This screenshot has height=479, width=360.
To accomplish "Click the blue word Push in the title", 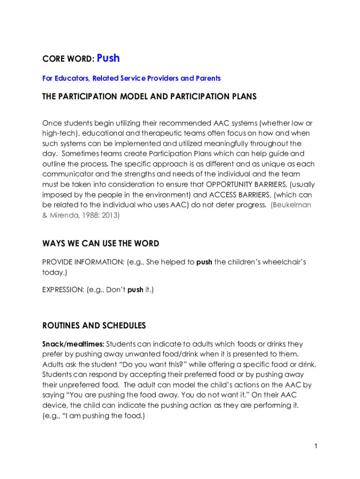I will coord(108,58).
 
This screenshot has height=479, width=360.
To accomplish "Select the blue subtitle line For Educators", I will coord(131,79).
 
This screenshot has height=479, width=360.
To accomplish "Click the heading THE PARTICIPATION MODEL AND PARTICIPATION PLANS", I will coord(150,97).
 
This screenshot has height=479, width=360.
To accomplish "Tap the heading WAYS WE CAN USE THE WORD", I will coord(101,244).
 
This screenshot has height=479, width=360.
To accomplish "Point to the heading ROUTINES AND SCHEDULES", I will coord(94,326).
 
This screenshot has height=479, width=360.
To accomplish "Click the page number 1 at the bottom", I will coord(316,446).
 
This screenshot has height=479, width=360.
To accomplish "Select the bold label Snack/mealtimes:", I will coord(73,344).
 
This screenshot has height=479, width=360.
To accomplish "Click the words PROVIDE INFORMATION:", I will coord(83,262).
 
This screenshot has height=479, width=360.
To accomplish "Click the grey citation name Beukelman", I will coord(292,205).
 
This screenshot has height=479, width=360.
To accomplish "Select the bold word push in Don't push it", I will coord(135,290).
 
